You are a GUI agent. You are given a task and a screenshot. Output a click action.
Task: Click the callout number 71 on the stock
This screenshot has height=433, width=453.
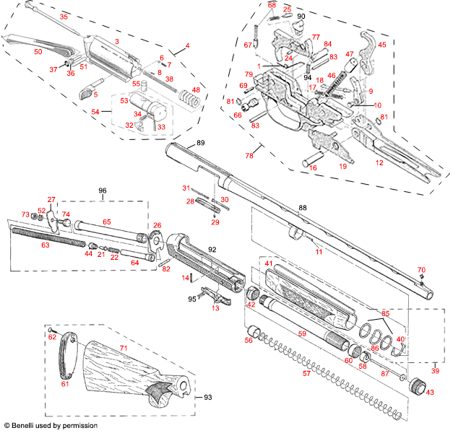tap(123, 348)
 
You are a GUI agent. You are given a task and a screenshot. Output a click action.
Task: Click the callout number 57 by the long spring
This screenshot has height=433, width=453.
tap(306, 374)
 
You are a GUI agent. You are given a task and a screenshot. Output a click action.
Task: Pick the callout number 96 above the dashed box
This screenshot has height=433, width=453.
tap(102, 191)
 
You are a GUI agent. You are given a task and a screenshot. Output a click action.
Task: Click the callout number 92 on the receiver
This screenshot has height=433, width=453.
tap(212, 250)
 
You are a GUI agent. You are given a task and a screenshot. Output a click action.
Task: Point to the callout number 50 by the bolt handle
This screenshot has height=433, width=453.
tap(38, 52)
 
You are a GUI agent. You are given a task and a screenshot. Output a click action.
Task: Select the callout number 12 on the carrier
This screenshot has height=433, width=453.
tap(379, 163)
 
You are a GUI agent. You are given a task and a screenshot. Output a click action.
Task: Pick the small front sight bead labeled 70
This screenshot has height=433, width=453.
tap(422, 279)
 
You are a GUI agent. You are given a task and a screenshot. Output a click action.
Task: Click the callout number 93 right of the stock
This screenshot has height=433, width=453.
tap(208, 398)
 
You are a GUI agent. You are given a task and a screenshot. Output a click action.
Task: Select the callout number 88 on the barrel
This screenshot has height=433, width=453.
tap(302, 208)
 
